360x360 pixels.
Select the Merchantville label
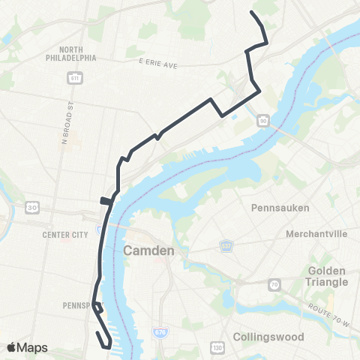[x=316, y=234]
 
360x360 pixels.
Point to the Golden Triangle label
[x=328, y=275]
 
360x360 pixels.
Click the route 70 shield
[x=275, y=284]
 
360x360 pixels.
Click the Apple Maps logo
[x=26, y=347]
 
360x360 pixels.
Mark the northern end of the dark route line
[x=251, y=13]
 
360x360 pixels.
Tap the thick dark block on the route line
[x=106, y=200]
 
